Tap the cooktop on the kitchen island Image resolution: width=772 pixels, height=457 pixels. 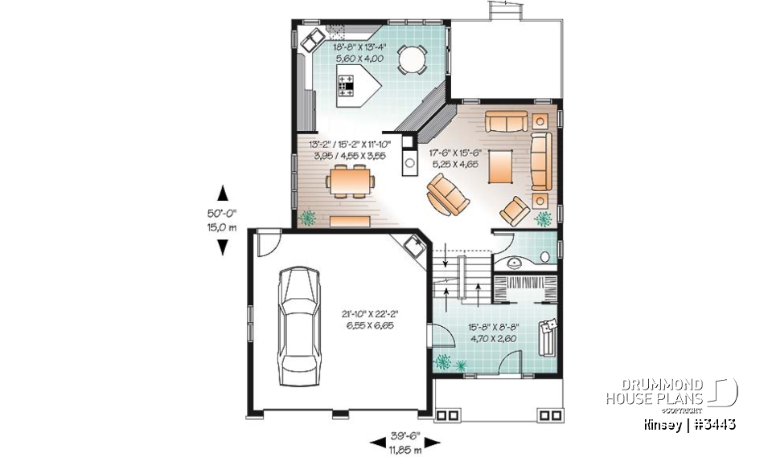pos(347,84)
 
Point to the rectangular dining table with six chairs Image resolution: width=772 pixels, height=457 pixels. pos(350,182)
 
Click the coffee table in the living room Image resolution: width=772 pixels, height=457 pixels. pos(499,165)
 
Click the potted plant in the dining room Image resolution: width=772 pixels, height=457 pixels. pos(307,217)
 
